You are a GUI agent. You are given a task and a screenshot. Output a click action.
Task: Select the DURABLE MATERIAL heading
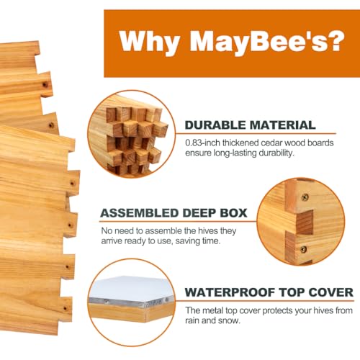(250, 125)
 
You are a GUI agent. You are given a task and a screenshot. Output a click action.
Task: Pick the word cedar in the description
(279, 143)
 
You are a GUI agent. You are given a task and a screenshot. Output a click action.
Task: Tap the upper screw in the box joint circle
(305, 197)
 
